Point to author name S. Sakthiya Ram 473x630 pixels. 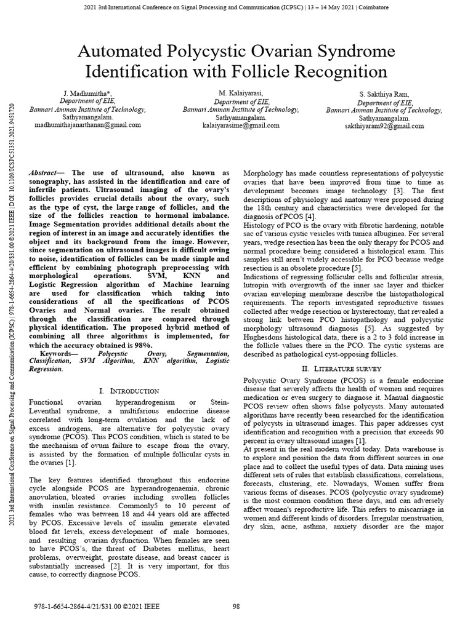coord(385,94)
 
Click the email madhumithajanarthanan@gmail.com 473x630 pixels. coord(87,124)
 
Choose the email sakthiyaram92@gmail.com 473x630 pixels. coord(385,126)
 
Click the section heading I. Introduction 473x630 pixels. coord(129,391)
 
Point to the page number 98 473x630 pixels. coord(236,607)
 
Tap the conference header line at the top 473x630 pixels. coord(236,7)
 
